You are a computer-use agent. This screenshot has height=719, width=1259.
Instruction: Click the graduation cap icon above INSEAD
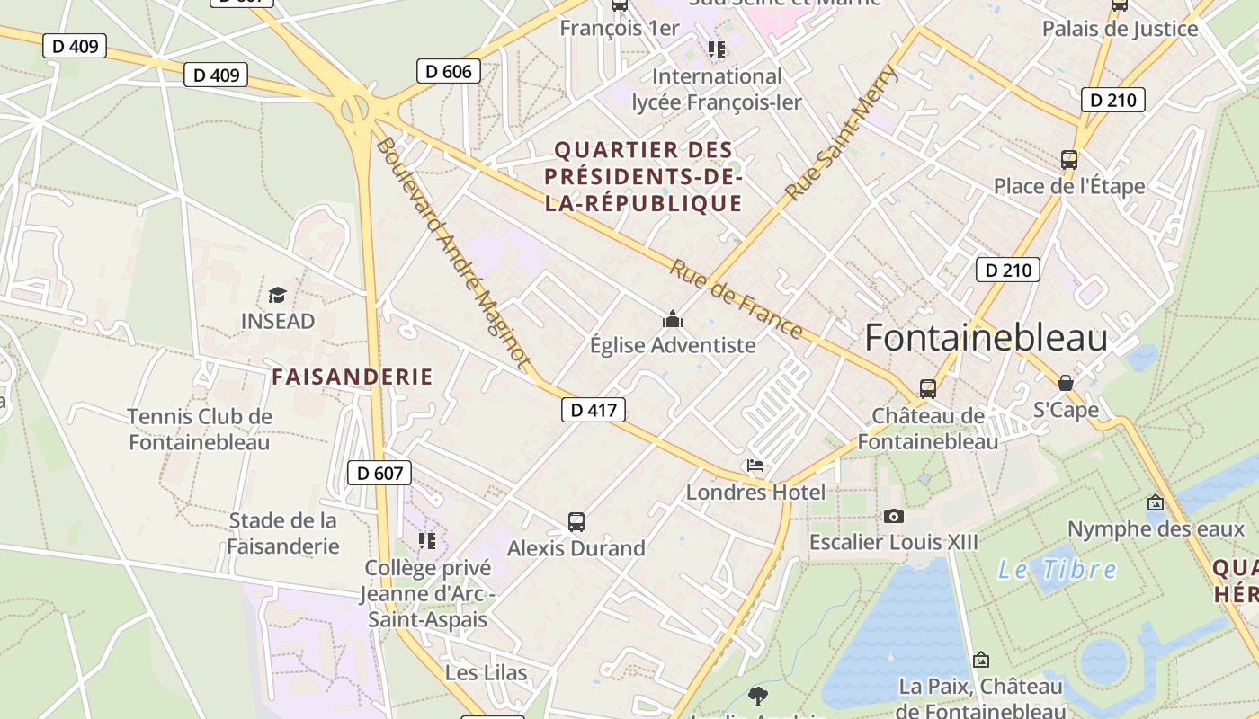click(x=277, y=295)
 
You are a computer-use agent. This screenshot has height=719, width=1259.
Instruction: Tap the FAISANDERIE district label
click(x=353, y=377)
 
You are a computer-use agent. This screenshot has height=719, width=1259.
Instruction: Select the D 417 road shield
click(x=593, y=411)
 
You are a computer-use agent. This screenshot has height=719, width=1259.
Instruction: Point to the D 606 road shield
click(x=449, y=71)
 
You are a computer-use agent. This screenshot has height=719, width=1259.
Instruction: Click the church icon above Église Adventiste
click(x=672, y=319)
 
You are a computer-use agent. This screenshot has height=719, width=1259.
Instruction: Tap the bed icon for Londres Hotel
click(x=755, y=466)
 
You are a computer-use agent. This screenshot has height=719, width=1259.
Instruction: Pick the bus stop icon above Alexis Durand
click(x=576, y=521)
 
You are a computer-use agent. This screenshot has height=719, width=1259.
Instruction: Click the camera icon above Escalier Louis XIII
click(x=893, y=516)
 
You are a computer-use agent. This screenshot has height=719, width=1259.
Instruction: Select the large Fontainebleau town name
click(x=986, y=338)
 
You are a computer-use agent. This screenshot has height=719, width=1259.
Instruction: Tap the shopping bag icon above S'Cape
click(x=1066, y=383)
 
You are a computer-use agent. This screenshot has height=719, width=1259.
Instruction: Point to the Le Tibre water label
click(x=1058, y=570)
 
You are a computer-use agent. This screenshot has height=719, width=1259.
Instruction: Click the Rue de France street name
click(x=737, y=299)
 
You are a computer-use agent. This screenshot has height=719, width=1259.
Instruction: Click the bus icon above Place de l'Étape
click(x=1069, y=160)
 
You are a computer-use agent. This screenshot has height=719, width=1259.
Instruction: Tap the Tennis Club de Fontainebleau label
click(x=199, y=430)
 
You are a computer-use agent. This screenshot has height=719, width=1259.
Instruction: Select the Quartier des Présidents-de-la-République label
click(x=644, y=176)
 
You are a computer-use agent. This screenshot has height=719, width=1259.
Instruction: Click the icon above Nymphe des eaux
click(x=1156, y=502)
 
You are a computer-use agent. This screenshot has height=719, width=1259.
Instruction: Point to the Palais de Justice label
click(x=1120, y=29)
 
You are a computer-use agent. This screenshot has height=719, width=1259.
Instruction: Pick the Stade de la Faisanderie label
click(x=283, y=533)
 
